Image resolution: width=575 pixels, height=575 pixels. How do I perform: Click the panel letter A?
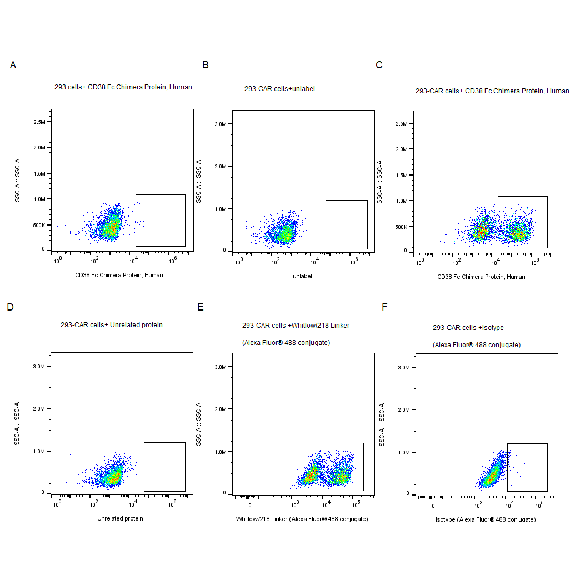pyautogui.click(x=13, y=66)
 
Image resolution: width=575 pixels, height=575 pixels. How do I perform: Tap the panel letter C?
pyautogui.click(x=379, y=65)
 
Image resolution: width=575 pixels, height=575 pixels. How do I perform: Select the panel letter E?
pyautogui.click(x=201, y=307)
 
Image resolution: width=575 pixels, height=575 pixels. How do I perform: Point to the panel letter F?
pyautogui.click(x=384, y=307)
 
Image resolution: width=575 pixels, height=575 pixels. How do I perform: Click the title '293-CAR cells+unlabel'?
pyautogui.click(x=279, y=88)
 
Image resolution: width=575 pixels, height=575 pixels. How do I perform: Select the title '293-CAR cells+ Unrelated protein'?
pyautogui.click(x=112, y=324)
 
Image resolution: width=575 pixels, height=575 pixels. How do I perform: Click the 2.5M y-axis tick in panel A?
pyautogui.click(x=39, y=122)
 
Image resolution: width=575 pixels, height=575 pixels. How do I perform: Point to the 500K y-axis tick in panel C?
pyautogui.click(x=401, y=227)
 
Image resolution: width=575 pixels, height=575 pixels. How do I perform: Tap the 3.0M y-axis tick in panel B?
pyautogui.click(x=219, y=124)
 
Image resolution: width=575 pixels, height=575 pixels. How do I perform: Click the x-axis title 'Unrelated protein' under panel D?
pyautogui.click(x=120, y=518)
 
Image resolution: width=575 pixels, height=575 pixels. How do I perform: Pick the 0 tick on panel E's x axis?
pyautogui.click(x=250, y=506)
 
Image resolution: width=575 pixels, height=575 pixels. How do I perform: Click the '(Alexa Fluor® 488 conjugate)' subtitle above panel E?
pyautogui.click(x=286, y=343)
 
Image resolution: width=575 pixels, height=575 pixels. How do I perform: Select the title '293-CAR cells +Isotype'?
pyautogui.click(x=468, y=327)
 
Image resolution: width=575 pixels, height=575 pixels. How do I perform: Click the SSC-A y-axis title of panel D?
pyautogui.click(x=17, y=423)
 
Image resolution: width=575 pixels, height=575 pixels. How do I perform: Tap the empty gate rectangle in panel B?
pyautogui.click(x=346, y=224)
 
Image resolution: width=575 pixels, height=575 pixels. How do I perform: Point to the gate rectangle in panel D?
pyautogui.click(x=164, y=467)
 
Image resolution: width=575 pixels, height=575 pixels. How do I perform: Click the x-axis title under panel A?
pyautogui.click(x=119, y=275)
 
